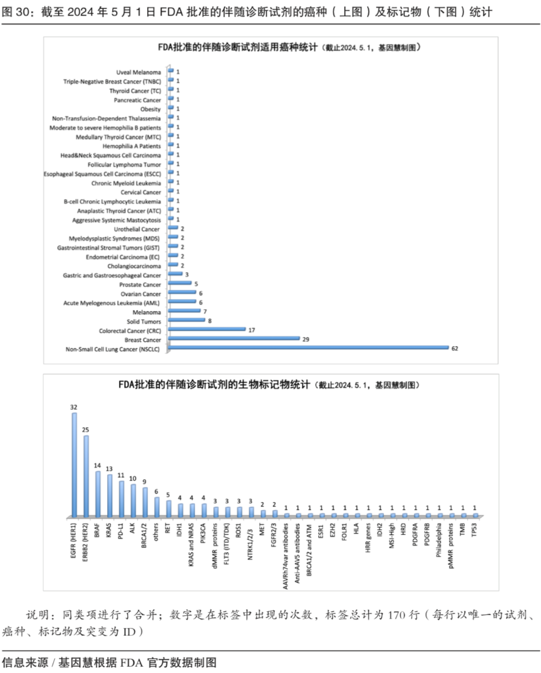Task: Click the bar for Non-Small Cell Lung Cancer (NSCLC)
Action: tap(308, 347)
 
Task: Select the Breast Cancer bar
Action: tap(234, 338)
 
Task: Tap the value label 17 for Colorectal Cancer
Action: tap(251, 330)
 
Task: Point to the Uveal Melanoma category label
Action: tap(139, 72)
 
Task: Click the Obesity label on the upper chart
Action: tap(151, 109)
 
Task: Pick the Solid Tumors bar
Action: tap(186, 320)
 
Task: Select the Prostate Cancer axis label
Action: tap(140, 285)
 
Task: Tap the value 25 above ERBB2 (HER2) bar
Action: tap(86, 429)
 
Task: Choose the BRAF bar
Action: tap(98, 494)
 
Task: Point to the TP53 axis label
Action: tap(474, 530)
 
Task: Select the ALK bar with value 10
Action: tap(133, 500)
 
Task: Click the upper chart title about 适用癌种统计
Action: tap(238, 47)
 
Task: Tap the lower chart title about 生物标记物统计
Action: tap(214, 385)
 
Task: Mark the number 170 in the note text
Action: tap(396, 615)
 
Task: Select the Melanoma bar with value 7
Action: tap(184, 311)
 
